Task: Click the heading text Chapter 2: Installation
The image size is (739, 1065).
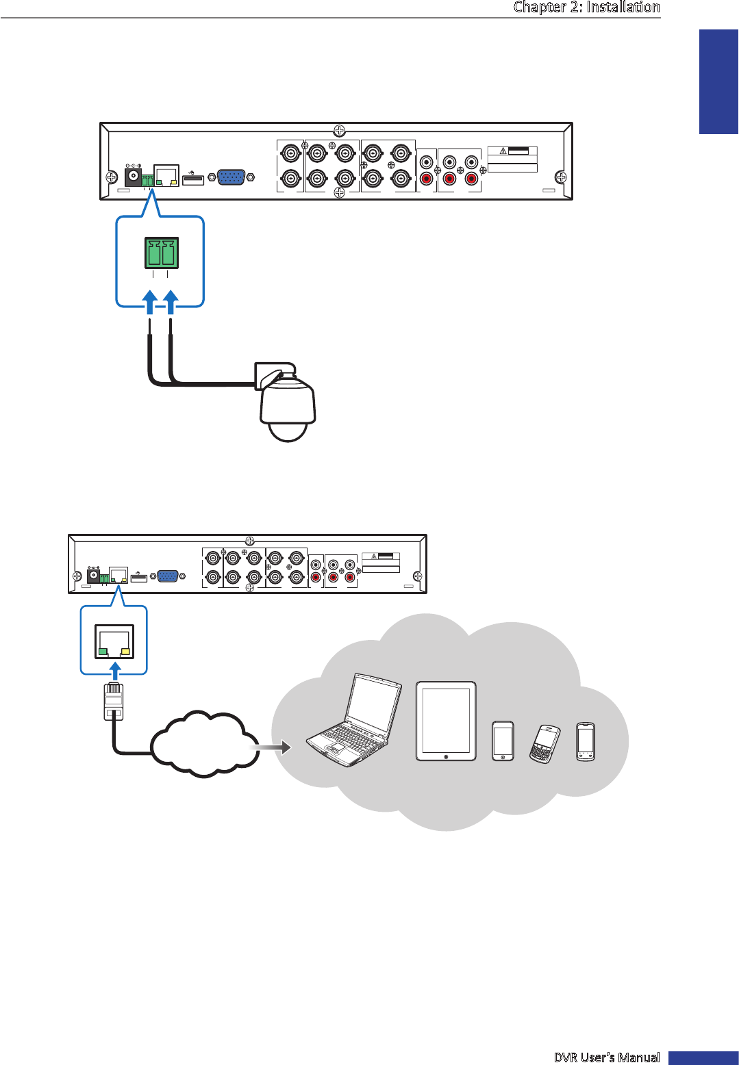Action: coord(586,8)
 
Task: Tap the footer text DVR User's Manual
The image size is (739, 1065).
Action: coord(606,1057)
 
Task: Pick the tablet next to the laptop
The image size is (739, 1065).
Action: coord(446,721)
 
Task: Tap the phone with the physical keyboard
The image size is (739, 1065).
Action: coord(544,743)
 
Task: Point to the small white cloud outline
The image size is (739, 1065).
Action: coord(203,744)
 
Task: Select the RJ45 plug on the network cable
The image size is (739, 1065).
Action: coord(114,701)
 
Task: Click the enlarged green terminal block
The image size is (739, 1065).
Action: coord(161,253)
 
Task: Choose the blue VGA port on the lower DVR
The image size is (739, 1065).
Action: coord(168,576)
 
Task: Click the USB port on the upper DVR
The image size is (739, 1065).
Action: coord(193,180)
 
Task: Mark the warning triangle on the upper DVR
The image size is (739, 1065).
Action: coord(503,151)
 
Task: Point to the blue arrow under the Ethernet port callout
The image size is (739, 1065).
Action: coord(115,669)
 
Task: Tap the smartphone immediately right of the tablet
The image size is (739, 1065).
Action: coord(503,741)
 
